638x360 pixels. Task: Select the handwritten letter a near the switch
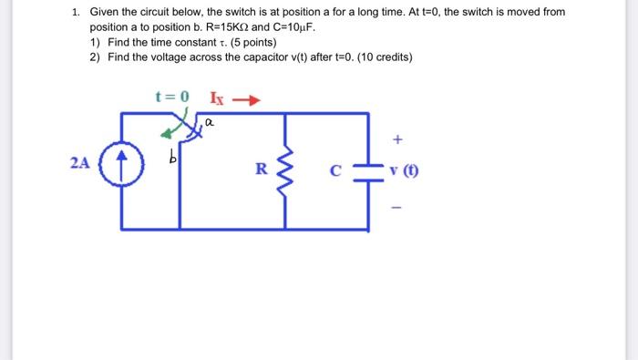coord(209,120)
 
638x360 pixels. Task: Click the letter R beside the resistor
coord(262,168)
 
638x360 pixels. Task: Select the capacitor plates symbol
coord(368,170)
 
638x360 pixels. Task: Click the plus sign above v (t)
coord(396,140)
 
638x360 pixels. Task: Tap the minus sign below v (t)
coord(396,206)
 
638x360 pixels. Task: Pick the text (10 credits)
coord(378,57)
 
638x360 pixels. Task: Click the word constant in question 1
coord(182,43)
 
